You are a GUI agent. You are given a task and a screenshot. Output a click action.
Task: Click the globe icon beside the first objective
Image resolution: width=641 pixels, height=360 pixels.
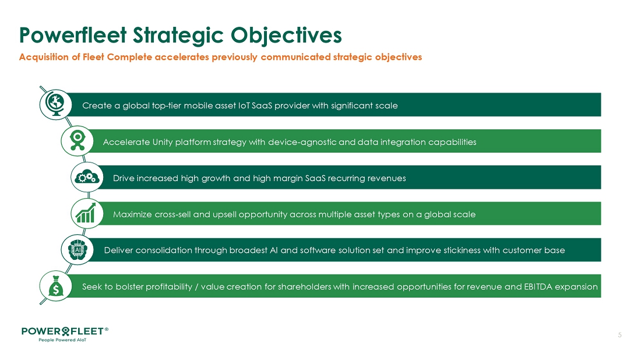[55, 105]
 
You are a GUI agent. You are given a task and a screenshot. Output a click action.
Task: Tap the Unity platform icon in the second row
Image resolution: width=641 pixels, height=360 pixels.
[78, 141]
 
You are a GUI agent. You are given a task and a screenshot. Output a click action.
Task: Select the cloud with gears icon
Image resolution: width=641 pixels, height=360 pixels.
[87, 177]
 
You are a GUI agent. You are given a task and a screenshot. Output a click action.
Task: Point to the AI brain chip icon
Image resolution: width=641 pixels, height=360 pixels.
[78, 250]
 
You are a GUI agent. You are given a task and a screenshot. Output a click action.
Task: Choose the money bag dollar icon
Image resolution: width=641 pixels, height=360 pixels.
[55, 286]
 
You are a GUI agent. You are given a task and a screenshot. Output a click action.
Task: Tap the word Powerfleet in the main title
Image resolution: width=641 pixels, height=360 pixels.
[73, 35]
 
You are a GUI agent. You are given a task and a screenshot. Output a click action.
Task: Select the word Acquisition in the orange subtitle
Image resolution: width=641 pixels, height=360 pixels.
[44, 57]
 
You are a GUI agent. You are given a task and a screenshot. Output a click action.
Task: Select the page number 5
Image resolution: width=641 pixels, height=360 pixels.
[620, 335]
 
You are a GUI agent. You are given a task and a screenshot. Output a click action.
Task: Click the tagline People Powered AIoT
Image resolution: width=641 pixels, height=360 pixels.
[62, 340]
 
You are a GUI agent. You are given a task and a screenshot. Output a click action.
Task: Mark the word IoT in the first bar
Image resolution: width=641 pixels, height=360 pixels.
[244, 106]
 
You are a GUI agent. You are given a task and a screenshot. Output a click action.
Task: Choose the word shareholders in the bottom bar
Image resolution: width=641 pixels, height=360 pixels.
[305, 287]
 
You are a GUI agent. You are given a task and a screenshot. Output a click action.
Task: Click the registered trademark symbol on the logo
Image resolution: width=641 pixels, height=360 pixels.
[107, 329]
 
